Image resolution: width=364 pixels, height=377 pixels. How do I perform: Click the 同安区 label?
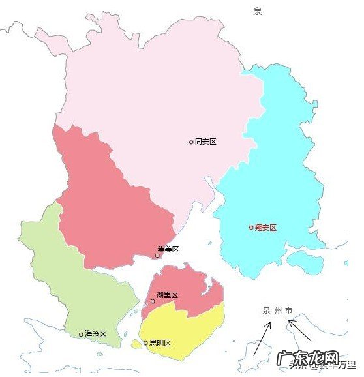point(205,141)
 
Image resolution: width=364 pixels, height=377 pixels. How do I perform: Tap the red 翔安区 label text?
point(265,228)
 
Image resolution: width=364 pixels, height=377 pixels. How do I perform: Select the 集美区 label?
point(168,249)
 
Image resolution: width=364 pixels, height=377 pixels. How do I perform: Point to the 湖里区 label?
point(167,295)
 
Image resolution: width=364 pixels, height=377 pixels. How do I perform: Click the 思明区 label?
point(160,342)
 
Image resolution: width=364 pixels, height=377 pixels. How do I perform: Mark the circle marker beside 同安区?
point(191,142)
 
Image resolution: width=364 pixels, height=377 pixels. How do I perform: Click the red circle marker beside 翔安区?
point(251,228)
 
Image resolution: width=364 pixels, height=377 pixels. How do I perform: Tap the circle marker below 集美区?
point(157,256)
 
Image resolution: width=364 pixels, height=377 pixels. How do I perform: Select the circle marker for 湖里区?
point(153,301)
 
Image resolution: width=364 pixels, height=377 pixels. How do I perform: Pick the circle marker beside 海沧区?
point(81,334)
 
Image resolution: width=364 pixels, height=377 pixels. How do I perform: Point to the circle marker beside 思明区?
point(145,342)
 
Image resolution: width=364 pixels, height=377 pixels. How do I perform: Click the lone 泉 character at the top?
point(258,11)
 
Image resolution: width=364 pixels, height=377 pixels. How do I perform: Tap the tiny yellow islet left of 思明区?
point(136,344)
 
